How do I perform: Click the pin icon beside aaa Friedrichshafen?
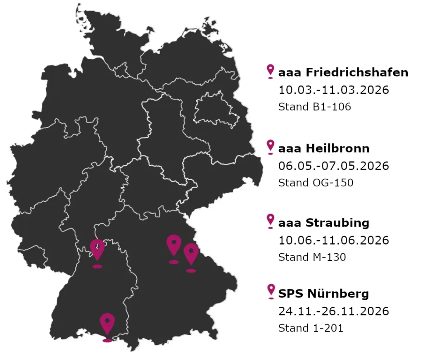(x=271, y=71)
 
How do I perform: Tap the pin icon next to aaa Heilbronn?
(x=271, y=146)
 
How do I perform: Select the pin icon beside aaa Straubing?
(x=271, y=221)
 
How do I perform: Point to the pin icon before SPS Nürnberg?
(x=271, y=291)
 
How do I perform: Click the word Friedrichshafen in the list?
(x=357, y=73)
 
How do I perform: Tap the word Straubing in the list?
(x=337, y=223)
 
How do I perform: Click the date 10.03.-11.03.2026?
(x=334, y=90)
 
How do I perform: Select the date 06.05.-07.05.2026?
(x=334, y=166)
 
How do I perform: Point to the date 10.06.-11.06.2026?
(x=334, y=240)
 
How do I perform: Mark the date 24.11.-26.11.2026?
(x=334, y=311)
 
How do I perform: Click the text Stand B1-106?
(x=314, y=107)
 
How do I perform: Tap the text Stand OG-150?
(x=316, y=183)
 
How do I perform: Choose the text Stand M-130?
(x=312, y=257)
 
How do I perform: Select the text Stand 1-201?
(x=311, y=328)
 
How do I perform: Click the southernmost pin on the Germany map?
(x=107, y=324)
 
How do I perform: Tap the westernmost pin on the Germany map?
(x=97, y=250)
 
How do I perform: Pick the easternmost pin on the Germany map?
(x=191, y=254)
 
